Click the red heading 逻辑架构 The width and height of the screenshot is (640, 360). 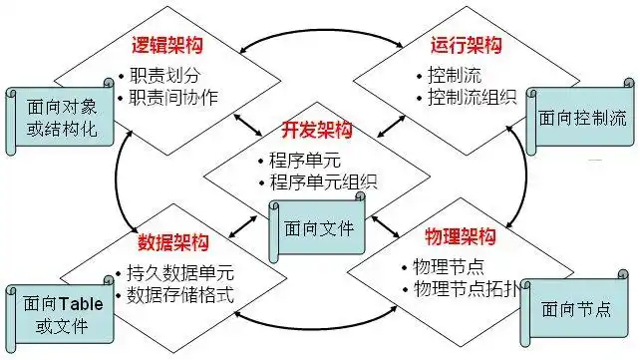166,45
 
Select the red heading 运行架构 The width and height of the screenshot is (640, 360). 466,45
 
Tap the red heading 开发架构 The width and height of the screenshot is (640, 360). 317,130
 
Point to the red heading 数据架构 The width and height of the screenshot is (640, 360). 173,242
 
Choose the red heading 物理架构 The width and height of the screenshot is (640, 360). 461,236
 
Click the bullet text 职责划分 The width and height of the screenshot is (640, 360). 164,75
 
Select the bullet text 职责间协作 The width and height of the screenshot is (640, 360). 173,97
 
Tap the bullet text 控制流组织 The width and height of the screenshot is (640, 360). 473,97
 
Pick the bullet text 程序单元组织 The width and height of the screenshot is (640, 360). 323,182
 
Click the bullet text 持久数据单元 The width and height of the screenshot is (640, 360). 180,272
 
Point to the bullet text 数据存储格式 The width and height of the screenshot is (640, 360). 180,295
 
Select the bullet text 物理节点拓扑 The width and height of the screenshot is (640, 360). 467,289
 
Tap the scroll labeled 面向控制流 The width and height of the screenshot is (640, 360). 580,117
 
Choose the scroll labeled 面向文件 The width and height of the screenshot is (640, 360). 317,227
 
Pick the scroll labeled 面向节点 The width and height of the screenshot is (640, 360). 574,308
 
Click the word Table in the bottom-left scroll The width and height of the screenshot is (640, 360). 81,304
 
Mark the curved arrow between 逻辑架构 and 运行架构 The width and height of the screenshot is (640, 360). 321,30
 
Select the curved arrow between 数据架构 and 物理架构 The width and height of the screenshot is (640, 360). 315,328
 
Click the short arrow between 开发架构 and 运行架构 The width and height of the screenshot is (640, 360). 391,127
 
